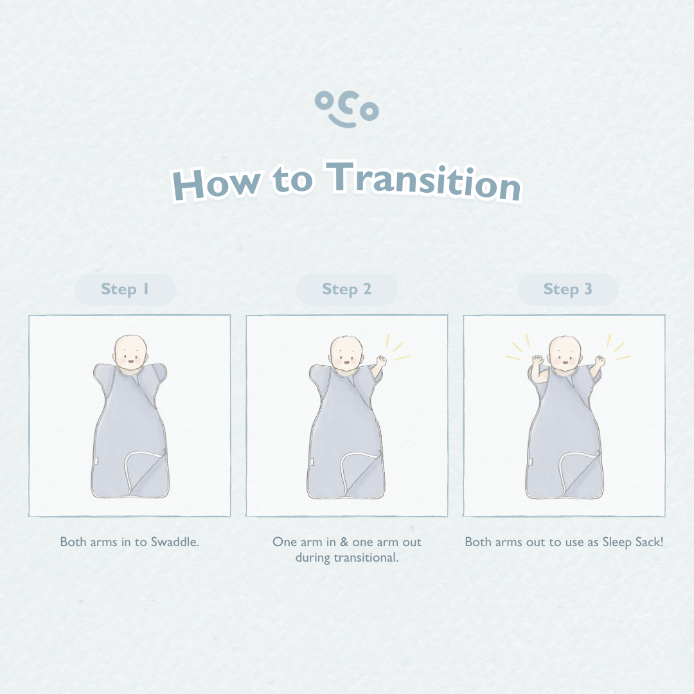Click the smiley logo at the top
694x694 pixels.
[346, 109]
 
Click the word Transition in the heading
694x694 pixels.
[423, 181]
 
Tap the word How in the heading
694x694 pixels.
[215, 184]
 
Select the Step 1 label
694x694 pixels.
[125, 289]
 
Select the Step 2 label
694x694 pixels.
[346, 289]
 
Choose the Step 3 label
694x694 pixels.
[567, 289]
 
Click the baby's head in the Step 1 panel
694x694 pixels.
[130, 352]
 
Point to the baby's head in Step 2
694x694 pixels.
[346, 353]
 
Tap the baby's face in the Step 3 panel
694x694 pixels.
[564, 354]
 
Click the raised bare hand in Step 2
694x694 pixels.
[381, 360]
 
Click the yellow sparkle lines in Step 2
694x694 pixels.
[397, 347]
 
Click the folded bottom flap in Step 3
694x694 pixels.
[580, 474]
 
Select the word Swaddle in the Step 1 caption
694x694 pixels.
[175, 542]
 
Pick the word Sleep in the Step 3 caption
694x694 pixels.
[617, 542]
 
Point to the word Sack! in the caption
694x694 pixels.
[649, 542]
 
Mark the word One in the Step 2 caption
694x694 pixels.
[285, 542]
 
